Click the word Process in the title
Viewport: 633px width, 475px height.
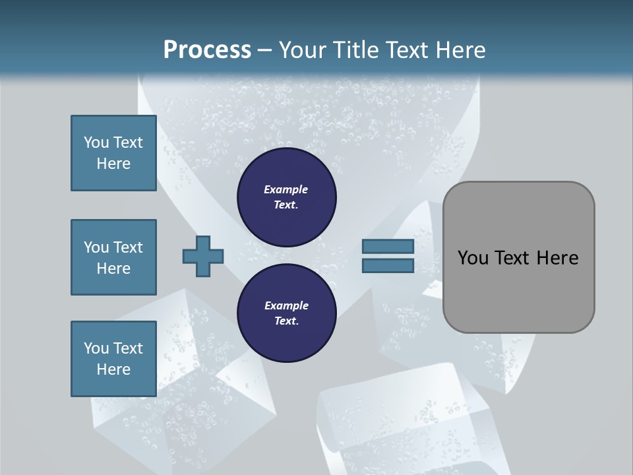[207, 50]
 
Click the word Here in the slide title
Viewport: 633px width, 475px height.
[459, 50]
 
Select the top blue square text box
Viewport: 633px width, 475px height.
[113, 153]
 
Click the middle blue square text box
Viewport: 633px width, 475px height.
[113, 257]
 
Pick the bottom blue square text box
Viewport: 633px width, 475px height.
[113, 359]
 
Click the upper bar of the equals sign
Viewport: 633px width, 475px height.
[388, 246]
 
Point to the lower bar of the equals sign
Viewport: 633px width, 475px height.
[388, 265]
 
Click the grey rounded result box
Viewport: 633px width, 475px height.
[518, 290]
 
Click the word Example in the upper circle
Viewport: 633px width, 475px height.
[286, 189]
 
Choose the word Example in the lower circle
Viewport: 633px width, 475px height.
[286, 305]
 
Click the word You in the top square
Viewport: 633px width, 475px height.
[96, 142]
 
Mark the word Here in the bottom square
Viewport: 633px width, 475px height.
[113, 369]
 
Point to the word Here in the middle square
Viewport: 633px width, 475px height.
[113, 269]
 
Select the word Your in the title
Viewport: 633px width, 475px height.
[301, 50]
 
